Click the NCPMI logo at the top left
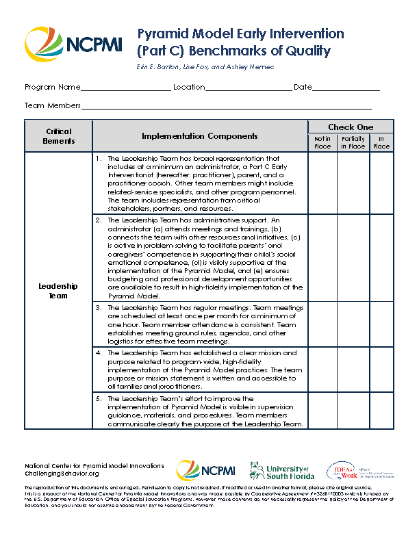coord(73,44)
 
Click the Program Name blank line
coord(125,88)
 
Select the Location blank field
coord(249,88)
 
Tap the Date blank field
coord(346,88)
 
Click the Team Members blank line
coord(226,107)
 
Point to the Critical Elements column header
coord(59,136)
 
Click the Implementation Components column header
coord(200,136)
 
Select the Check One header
coord(351,127)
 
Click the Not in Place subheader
coord(322,142)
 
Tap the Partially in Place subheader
coord(353,142)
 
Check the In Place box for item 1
coord(381,183)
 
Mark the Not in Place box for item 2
coord(322,258)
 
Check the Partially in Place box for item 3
coord(353,324)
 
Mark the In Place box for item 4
coord(381,370)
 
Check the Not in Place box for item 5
coord(322,410)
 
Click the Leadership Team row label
coord(59,291)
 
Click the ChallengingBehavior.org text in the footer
coord(62,474)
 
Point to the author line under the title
coord(206,66)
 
